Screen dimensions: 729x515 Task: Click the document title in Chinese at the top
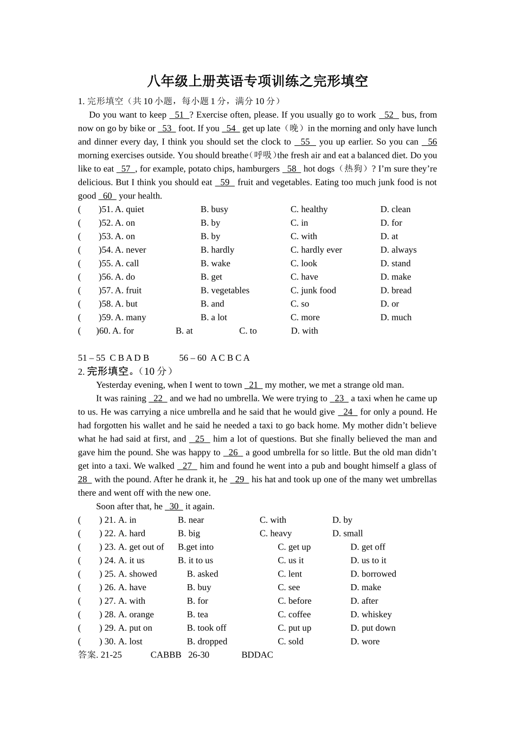click(x=257, y=81)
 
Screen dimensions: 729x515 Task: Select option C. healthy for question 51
click(x=309, y=209)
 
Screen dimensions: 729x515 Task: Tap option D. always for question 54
click(x=398, y=250)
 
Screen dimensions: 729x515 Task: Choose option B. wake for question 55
click(x=215, y=264)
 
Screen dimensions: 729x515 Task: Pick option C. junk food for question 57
click(x=313, y=291)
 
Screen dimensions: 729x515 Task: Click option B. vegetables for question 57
click(x=225, y=291)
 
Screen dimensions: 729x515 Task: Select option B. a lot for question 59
click(x=214, y=317)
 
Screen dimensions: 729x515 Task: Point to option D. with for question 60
click(x=305, y=331)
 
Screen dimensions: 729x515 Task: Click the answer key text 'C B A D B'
click(x=129, y=358)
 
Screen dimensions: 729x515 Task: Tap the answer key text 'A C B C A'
click(x=230, y=358)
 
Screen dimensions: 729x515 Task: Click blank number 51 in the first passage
click(x=179, y=115)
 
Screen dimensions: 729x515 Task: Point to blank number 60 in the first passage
click(x=107, y=196)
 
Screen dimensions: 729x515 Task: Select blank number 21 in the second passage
click(x=253, y=385)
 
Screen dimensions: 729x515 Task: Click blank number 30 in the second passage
click(x=173, y=507)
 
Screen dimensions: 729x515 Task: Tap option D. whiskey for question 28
click(x=371, y=615)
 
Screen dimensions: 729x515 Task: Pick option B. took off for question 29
click(x=207, y=628)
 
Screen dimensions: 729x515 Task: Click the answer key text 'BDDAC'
click(x=257, y=655)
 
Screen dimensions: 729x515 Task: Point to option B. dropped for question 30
click(x=207, y=642)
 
